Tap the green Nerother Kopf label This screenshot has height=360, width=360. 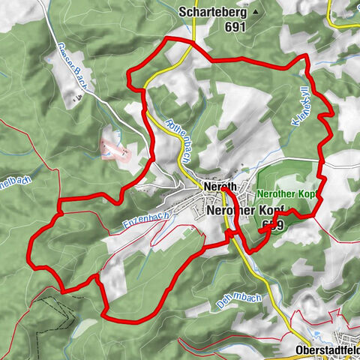[x=288, y=193]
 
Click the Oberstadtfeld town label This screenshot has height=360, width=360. [x=325, y=349]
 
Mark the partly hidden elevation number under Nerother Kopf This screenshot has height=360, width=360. [x=272, y=224]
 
